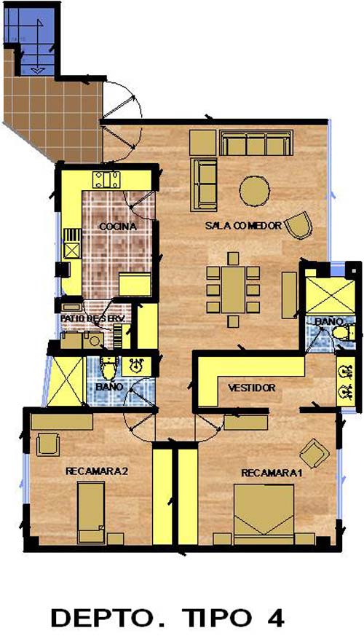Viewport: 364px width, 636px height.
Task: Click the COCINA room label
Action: click(118, 227)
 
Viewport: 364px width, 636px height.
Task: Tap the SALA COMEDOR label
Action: click(243, 226)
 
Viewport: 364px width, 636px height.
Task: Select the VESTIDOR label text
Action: click(252, 388)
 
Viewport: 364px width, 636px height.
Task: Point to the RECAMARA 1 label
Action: click(272, 473)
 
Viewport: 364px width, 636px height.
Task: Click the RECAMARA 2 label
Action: click(97, 471)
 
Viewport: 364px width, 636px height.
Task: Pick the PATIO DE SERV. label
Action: click(92, 318)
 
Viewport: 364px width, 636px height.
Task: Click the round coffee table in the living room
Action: click(255, 191)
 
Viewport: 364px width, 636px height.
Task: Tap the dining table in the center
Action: click(233, 290)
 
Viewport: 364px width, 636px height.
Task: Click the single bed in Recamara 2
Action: click(91, 513)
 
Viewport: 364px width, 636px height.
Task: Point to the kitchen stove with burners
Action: click(106, 180)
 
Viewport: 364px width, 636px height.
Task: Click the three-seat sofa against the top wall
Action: click(256, 143)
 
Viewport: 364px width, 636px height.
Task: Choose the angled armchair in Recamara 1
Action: click(314, 453)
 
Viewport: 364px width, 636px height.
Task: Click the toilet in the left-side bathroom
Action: click(108, 369)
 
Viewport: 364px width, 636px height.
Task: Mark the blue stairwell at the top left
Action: click(33, 40)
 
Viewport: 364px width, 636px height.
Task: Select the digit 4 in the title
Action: click(276, 618)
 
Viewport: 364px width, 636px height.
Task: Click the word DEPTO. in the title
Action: click(108, 618)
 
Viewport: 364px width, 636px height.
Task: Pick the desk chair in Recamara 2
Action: click(48, 444)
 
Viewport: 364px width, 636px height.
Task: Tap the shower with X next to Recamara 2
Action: click(65, 381)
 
